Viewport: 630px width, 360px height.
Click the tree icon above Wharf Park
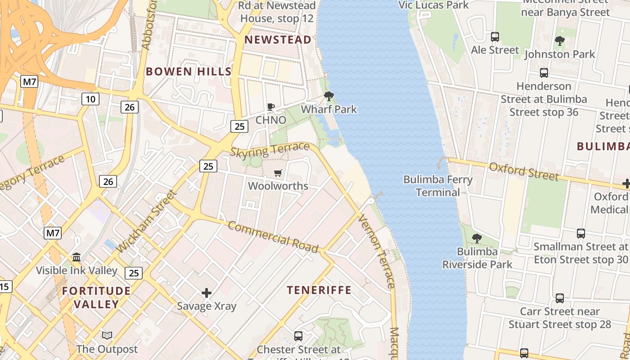click(329, 96)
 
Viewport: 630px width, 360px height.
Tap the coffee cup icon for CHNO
click(271, 107)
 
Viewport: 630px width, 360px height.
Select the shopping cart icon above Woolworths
click(278, 173)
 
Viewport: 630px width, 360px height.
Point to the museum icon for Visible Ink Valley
click(76, 257)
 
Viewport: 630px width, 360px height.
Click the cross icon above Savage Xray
click(207, 293)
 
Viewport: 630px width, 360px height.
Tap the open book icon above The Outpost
click(107, 335)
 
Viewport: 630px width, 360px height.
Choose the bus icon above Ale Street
click(495, 37)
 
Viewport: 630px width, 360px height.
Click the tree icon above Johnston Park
click(560, 41)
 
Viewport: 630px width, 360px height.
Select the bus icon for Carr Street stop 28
click(560, 298)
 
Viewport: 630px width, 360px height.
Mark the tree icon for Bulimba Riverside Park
click(477, 238)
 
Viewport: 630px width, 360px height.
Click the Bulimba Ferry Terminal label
click(438, 186)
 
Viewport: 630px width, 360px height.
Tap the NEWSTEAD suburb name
click(278, 40)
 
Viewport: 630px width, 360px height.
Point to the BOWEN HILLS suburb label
click(189, 71)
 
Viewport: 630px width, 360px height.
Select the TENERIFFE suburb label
click(319, 290)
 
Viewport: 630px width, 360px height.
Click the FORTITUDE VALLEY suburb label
click(96, 297)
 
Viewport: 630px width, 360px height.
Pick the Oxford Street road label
click(524, 171)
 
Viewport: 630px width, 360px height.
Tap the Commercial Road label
click(273, 237)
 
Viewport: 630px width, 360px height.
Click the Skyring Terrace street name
click(270, 150)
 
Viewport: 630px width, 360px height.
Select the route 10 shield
click(90, 99)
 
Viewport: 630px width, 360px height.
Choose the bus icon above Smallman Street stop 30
click(581, 234)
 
